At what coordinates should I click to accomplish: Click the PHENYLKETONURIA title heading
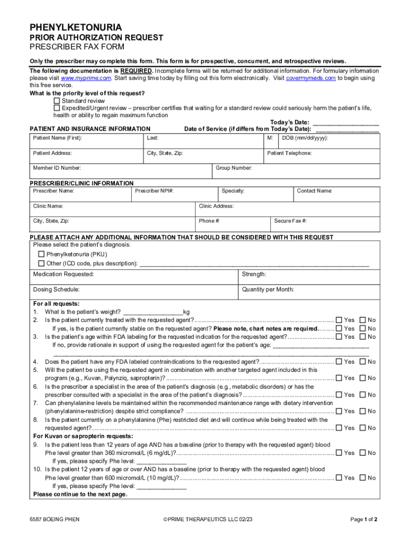click(76, 27)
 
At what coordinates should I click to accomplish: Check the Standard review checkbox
click(57, 100)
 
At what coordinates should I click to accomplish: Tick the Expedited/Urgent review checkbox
click(57, 108)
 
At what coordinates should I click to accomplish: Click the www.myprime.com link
click(89, 78)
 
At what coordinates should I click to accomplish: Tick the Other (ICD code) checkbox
click(41, 263)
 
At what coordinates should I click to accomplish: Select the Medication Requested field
click(134, 278)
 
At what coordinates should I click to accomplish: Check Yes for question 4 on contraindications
click(339, 361)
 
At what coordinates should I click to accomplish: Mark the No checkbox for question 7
click(363, 411)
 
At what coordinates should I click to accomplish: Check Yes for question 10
click(339, 478)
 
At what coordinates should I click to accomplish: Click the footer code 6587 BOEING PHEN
click(55, 520)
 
